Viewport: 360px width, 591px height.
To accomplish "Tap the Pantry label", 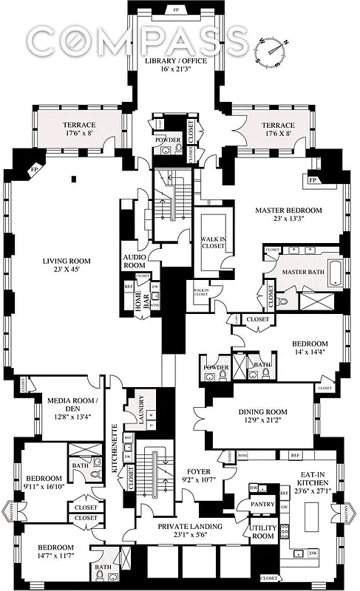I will click(x=265, y=504).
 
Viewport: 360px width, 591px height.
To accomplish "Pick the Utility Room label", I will click(x=265, y=533).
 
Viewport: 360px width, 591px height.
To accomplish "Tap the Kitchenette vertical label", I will click(x=115, y=449).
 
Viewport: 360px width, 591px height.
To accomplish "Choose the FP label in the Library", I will click(x=176, y=10).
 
